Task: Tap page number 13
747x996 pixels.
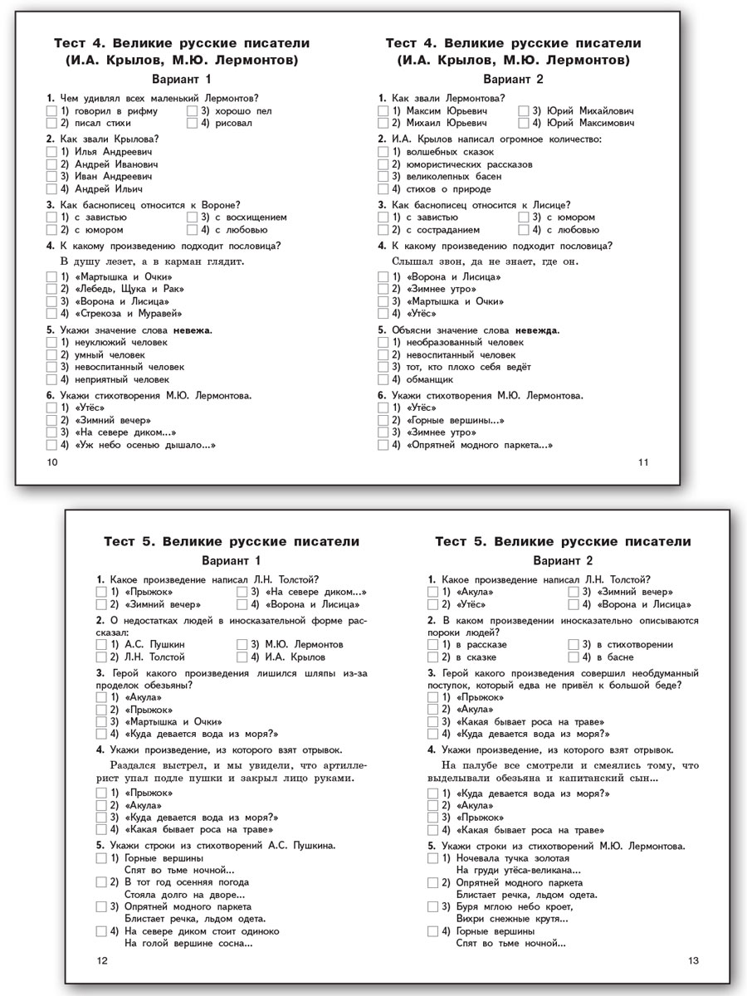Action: (694, 960)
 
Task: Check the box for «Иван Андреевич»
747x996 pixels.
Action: (51, 177)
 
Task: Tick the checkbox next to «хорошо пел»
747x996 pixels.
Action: (193, 110)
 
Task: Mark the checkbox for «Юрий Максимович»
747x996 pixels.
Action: (525, 123)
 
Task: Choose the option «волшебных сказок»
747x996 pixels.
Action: (448, 152)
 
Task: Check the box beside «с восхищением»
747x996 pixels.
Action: (193, 217)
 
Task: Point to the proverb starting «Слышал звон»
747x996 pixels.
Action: (485, 261)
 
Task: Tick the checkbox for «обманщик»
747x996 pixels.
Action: (383, 379)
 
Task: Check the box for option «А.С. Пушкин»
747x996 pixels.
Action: (101, 644)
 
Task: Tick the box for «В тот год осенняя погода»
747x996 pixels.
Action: (101, 882)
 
